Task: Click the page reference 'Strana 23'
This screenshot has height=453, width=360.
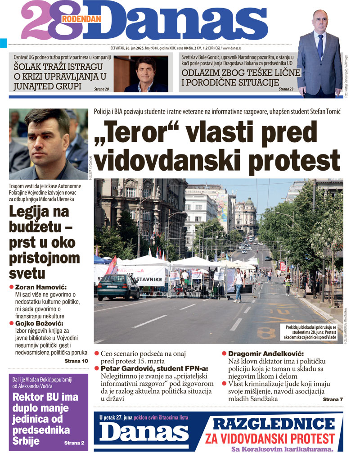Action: point(286,89)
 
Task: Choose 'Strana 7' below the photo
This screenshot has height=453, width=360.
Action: point(333,399)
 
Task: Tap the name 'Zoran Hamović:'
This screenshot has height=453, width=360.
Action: point(41,287)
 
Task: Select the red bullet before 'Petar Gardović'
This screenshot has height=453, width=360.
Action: point(97,368)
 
